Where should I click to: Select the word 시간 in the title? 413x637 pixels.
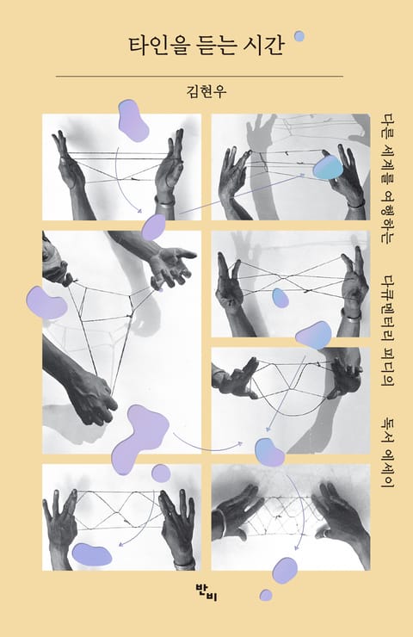264,46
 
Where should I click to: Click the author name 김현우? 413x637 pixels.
206,90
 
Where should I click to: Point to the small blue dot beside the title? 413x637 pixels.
299,36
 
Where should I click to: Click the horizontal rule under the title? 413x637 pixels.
199,76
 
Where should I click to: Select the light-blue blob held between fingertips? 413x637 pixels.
327,167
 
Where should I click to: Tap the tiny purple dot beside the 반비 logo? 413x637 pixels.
266,595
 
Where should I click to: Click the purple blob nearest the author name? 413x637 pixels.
133,121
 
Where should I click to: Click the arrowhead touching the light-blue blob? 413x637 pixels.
302,175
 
